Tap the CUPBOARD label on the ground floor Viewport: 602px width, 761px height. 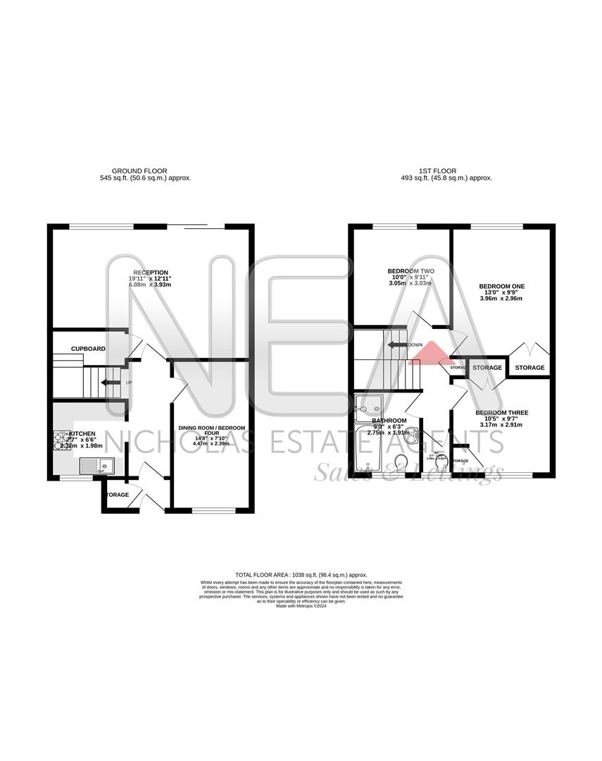click(x=88, y=349)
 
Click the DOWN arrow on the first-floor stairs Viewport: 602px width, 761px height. click(x=397, y=345)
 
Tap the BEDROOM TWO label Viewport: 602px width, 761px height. click(x=410, y=271)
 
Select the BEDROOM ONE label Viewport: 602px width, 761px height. click(x=502, y=286)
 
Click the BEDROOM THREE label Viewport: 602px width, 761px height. click(x=501, y=413)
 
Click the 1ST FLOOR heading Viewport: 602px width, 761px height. click(x=441, y=171)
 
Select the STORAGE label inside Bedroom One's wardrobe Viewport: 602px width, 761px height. click(x=529, y=368)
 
